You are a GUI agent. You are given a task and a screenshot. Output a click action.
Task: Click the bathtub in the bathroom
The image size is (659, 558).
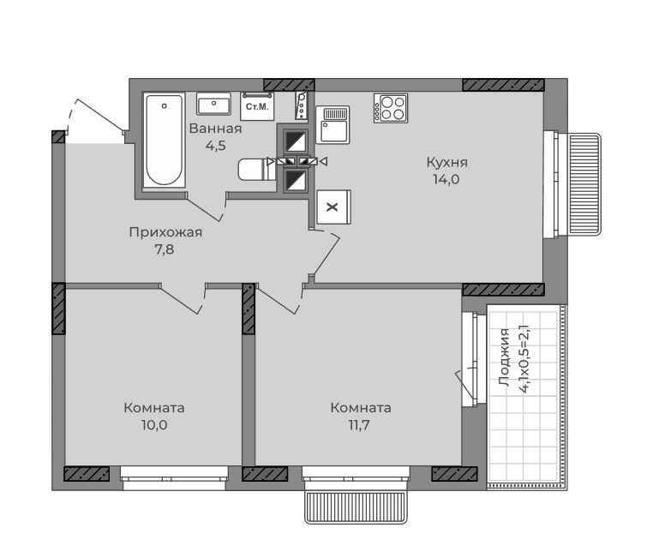(x=164, y=140)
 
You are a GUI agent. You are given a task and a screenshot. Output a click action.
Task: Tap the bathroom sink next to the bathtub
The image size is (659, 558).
(x=214, y=104)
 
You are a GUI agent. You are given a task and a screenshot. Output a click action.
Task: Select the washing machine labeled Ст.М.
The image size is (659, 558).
(x=257, y=106)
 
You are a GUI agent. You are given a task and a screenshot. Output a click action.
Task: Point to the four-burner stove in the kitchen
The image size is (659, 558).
(x=391, y=108)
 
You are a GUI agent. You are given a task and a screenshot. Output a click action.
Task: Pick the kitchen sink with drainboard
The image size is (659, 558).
(x=332, y=125)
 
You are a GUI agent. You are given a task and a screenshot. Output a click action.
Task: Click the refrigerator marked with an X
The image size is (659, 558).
(x=333, y=207)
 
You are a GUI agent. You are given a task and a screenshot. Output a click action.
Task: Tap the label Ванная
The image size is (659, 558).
(x=215, y=129)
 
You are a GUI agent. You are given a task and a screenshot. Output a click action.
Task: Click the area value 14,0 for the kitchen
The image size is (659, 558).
(x=446, y=179)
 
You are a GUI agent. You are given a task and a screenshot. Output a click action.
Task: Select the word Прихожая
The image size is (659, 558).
(x=165, y=232)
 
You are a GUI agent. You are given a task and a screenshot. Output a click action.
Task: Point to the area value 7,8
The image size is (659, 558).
(x=165, y=249)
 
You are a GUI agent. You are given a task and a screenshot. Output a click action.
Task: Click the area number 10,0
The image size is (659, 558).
(x=154, y=425)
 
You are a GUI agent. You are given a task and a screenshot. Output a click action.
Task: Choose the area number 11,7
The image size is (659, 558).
(x=358, y=425)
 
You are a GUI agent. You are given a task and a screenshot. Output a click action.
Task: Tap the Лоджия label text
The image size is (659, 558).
(x=504, y=357)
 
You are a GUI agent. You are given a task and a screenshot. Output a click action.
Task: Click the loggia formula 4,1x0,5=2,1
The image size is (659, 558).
(x=524, y=358)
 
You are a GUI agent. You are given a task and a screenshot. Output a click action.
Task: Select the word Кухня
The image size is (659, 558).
(x=446, y=162)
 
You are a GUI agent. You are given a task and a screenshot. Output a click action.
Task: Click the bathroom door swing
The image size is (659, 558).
(x=205, y=209)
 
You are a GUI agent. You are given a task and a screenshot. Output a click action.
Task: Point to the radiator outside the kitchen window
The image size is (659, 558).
(x=584, y=183)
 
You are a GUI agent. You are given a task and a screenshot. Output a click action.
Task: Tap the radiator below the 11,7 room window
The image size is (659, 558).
(x=356, y=507)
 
